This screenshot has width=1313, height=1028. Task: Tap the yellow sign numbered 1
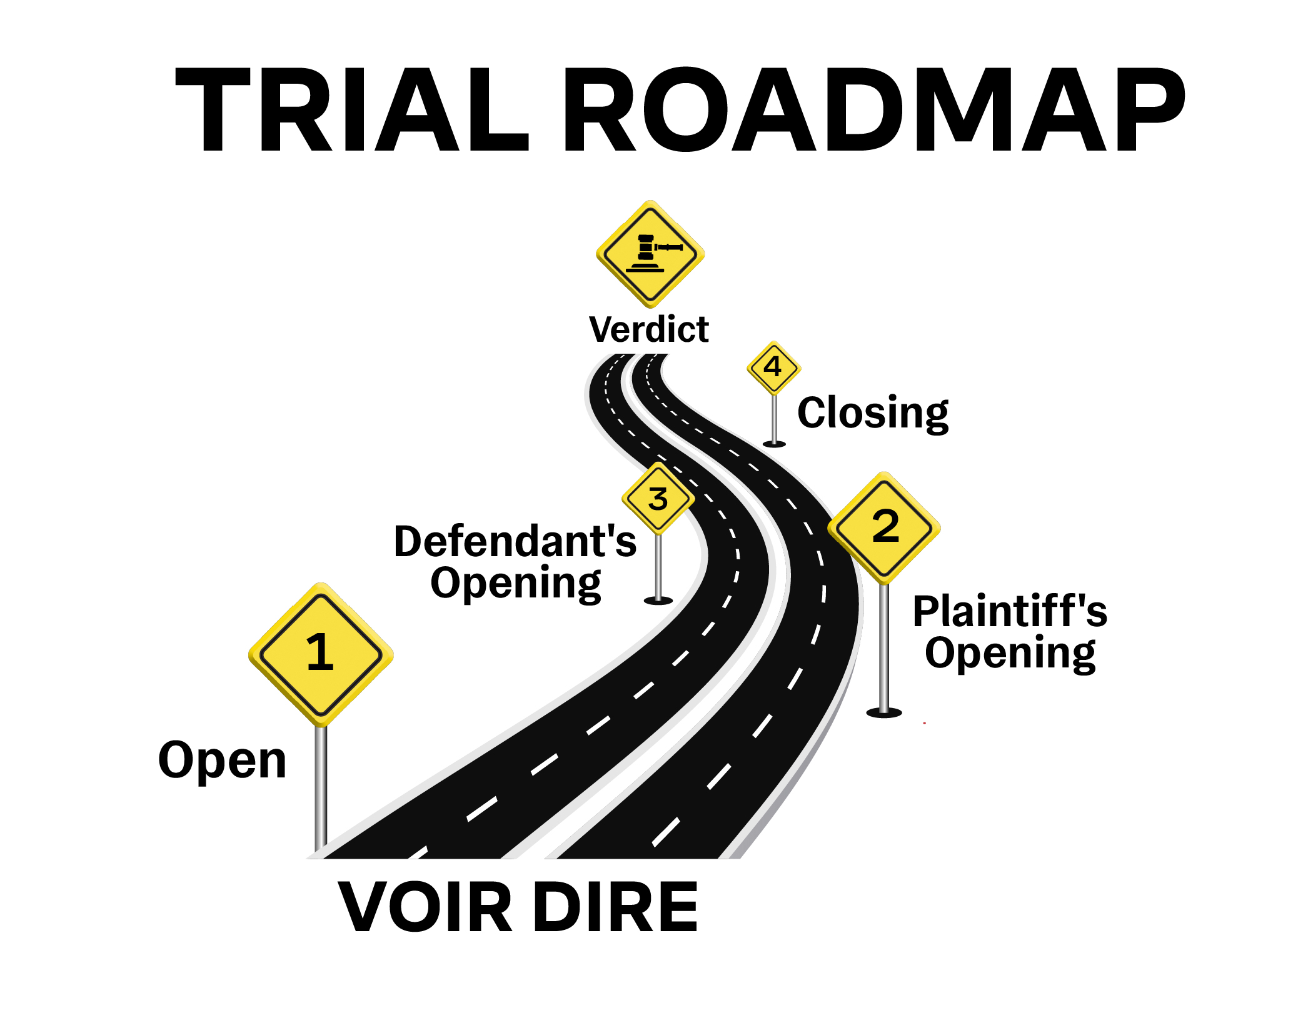(x=321, y=654)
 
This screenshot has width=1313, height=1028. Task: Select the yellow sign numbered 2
(x=884, y=527)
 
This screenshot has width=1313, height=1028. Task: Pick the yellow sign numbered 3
(x=658, y=499)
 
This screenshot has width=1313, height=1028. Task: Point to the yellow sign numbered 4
(x=773, y=367)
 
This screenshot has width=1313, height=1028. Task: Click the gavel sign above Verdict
(x=650, y=254)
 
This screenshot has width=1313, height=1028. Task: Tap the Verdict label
(x=649, y=329)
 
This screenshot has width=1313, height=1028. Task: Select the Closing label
(x=873, y=413)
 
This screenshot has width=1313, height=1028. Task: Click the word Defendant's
(x=515, y=541)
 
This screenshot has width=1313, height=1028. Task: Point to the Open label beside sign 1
(x=222, y=761)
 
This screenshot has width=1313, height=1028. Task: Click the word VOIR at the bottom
(x=425, y=907)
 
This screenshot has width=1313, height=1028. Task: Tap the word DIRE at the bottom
(x=615, y=907)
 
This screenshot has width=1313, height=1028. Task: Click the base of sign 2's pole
(x=883, y=712)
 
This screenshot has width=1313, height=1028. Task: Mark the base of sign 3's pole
(x=658, y=601)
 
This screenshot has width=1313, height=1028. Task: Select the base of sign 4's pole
(x=774, y=444)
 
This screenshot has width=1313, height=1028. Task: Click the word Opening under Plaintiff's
(x=1010, y=653)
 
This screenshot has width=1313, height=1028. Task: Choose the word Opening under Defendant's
(x=515, y=583)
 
